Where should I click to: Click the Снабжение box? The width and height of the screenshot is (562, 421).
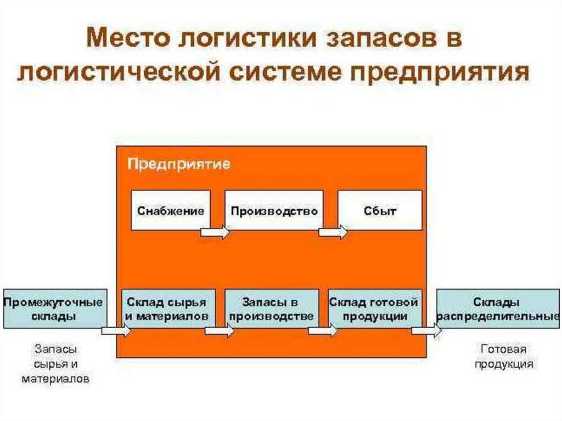tap(171, 210)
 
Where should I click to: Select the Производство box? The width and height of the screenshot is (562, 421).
tap(274, 210)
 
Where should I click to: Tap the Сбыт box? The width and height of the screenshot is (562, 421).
tap(380, 210)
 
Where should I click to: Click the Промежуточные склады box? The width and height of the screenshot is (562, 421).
tap(54, 308)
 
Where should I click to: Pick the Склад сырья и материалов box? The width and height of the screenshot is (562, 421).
tap(166, 308)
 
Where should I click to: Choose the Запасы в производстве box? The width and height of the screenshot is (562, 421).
tap(272, 308)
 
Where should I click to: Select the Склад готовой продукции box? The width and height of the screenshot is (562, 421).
tap(374, 308)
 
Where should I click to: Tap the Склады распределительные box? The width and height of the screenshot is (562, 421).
tap(497, 308)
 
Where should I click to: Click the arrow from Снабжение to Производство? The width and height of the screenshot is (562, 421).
tap(215, 232)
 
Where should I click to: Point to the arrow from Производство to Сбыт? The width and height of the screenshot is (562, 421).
tap(333, 232)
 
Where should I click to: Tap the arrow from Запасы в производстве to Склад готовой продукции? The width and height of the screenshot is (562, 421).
tap(323, 332)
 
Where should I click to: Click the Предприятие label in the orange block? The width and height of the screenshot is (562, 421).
tap(179, 164)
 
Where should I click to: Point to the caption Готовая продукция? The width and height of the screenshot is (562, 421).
tap(504, 356)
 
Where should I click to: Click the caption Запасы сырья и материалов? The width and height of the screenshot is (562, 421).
tap(55, 363)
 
